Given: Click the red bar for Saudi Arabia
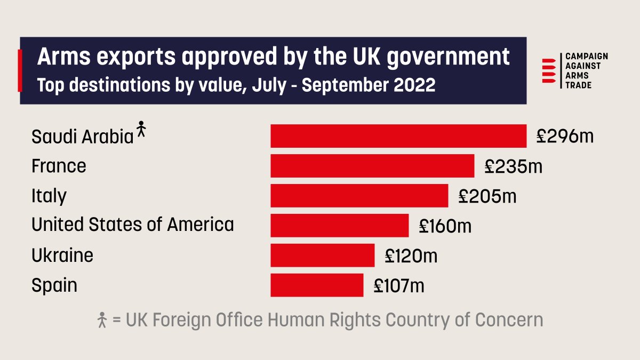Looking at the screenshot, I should click(x=398, y=136).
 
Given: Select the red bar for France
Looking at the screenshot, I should click(x=372, y=166).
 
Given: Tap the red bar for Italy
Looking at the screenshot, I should click(x=359, y=196).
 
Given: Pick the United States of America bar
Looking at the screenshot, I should click(x=339, y=225).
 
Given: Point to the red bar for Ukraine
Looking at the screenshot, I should click(x=322, y=255).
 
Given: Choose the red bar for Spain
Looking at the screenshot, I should click(x=317, y=285).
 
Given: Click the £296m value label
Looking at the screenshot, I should click(x=565, y=137).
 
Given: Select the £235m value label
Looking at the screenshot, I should click(x=513, y=166).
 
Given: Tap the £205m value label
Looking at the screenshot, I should click(x=487, y=196).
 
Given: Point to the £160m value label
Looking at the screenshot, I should click(x=445, y=226).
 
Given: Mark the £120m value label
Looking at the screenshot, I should click(x=411, y=255).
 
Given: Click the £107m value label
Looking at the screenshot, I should click(x=399, y=285).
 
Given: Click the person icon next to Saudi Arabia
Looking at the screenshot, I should click(x=141, y=130).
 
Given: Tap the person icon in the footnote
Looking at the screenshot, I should click(x=102, y=320).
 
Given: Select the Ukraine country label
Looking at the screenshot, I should click(x=62, y=255).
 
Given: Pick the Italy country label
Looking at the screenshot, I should click(x=49, y=196).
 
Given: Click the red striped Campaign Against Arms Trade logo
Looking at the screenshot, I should click(x=549, y=70).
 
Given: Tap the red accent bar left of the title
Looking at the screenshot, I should click(x=20, y=70).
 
